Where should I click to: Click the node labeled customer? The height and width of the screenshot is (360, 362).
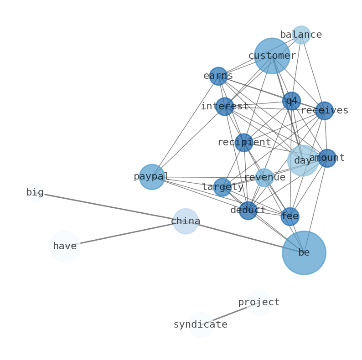click(272, 56)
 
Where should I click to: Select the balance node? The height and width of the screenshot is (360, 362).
click(301, 35)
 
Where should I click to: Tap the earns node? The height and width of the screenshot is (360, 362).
click(218, 76)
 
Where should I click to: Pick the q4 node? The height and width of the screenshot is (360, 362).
click(291, 101)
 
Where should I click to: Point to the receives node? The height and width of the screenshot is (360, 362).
click(324, 111)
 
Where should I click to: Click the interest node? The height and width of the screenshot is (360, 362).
click(224, 107)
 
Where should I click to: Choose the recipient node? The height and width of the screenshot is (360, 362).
click(244, 143)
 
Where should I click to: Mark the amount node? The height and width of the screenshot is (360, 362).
click(327, 158)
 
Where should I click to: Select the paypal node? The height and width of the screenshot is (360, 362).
click(151, 177)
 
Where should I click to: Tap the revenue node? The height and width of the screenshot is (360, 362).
click(264, 178)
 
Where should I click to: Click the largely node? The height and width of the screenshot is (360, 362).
click(222, 187)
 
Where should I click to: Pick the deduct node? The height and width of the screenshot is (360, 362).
click(248, 211)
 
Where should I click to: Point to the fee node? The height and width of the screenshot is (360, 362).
click(290, 216)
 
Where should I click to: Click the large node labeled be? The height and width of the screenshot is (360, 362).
click(304, 252)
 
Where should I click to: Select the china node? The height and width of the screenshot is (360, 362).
click(186, 221)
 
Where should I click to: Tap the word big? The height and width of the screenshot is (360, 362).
click(35, 193)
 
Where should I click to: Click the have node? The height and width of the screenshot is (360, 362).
click(65, 247)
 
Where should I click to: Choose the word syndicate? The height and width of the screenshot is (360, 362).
click(200, 325)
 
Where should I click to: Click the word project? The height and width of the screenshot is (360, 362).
click(259, 303)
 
